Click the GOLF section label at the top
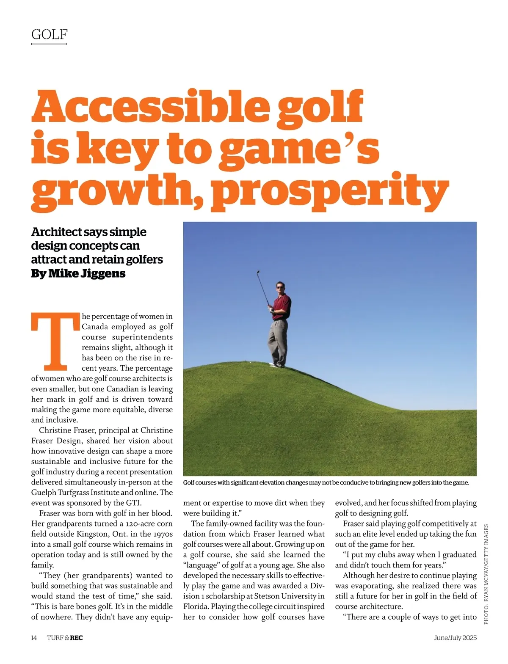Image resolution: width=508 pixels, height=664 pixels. point(49,34)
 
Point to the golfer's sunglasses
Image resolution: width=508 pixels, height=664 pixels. point(280,287)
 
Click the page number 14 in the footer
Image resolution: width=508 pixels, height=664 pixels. point(34,638)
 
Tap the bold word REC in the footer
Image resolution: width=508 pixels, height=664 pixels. point(77,638)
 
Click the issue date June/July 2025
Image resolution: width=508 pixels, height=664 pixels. point(455,638)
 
